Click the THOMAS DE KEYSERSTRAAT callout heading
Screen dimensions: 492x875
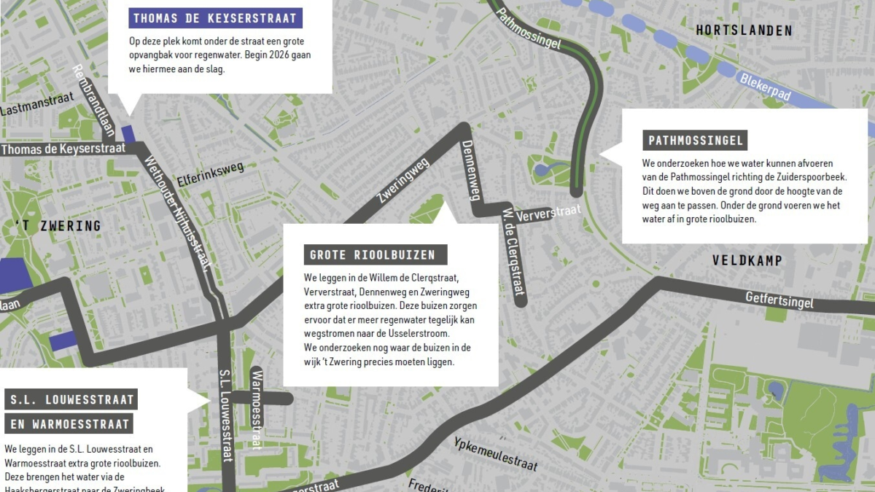(215, 18)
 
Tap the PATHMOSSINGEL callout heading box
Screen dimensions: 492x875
(696, 141)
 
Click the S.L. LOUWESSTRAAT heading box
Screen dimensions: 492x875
(71, 399)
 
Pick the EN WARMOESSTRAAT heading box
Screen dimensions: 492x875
(69, 423)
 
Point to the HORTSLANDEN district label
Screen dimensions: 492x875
(743, 31)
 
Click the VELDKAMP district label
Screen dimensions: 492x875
(747, 260)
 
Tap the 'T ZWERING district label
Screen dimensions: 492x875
(57, 226)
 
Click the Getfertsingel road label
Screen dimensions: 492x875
(779, 299)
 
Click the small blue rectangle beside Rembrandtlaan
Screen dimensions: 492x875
(128, 134)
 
